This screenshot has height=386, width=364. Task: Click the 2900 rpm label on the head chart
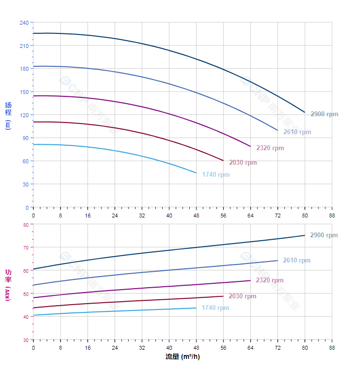pyautogui.click(x=324, y=114)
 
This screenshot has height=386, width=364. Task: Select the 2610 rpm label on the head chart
pyautogui.click(x=297, y=132)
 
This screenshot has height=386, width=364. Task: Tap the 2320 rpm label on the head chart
pyautogui.click(x=270, y=148)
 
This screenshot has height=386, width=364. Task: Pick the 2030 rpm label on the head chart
pyautogui.click(x=243, y=163)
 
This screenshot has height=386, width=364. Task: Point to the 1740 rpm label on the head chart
pyautogui.click(x=216, y=175)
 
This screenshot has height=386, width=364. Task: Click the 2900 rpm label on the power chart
pyautogui.click(x=324, y=235)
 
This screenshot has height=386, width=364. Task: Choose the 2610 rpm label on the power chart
pyautogui.click(x=297, y=261)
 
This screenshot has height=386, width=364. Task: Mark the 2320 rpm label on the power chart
pyautogui.click(x=270, y=280)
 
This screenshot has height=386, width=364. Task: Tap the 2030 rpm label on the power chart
pyautogui.click(x=243, y=296)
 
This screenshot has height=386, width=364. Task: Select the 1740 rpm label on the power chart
pyautogui.click(x=215, y=308)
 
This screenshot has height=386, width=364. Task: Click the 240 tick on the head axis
pyautogui.click(x=24, y=23)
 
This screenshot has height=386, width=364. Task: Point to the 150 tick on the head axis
pyautogui.click(x=24, y=92)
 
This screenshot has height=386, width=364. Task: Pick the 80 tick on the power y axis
pyautogui.click(x=26, y=224)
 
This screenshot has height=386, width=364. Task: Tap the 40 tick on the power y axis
pyautogui.click(x=26, y=317)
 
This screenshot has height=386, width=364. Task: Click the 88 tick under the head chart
pyautogui.click(x=332, y=215)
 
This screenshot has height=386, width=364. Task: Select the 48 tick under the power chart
pyautogui.click(x=196, y=347)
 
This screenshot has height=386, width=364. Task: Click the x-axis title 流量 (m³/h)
pyautogui.click(x=182, y=357)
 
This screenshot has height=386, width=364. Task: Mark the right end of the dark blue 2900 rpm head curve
pyautogui.click(x=304, y=112)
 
